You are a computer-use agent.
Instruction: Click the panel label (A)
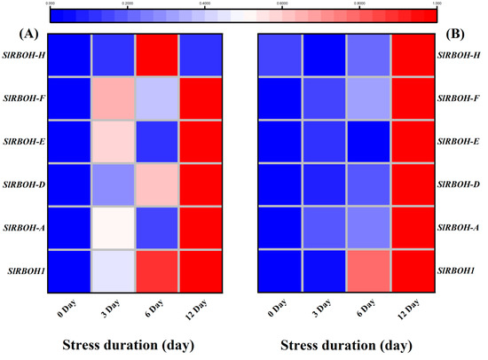coord(26,35)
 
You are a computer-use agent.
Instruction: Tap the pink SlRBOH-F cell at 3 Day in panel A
coord(114,98)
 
